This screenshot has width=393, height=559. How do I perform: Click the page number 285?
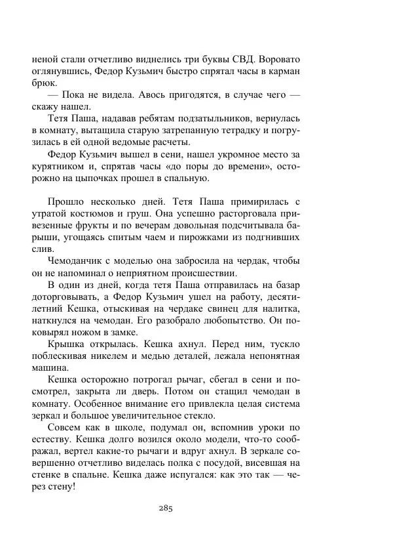pos(164,508)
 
